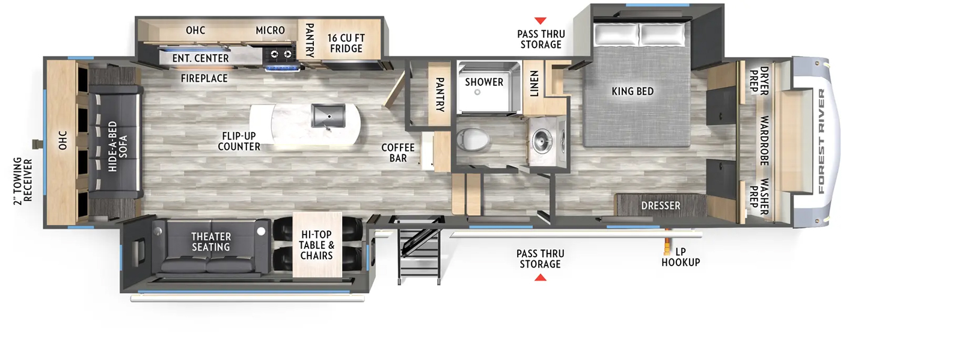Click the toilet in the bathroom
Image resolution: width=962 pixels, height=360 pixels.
coord(473,139)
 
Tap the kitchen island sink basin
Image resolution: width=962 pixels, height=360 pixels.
coord(328,116)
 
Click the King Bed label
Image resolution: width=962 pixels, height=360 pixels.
coord(633,91)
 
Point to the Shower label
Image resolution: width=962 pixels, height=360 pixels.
coord(484,82)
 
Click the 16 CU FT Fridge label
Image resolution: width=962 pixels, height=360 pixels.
coord(346,43)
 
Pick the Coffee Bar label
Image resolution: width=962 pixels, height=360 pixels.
coord(397,153)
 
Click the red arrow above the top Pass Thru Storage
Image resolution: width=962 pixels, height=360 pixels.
coord(541,20)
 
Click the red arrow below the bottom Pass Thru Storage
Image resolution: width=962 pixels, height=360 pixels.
coord(541,278)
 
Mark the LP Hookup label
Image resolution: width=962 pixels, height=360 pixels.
coord(681,257)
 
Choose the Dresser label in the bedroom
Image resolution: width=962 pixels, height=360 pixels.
coord(661,206)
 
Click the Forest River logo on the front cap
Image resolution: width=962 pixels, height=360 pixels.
coord(821,142)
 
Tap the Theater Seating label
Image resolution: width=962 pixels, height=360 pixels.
coord(211,242)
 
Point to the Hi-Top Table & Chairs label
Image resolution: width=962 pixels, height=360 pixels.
coord(316,245)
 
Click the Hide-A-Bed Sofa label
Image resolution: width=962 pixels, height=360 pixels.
coord(118,146)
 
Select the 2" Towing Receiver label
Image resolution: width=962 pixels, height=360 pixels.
coord(23,181)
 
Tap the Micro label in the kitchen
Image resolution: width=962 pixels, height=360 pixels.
coord(270,31)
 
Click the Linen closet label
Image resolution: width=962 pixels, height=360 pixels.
coord(534,84)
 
